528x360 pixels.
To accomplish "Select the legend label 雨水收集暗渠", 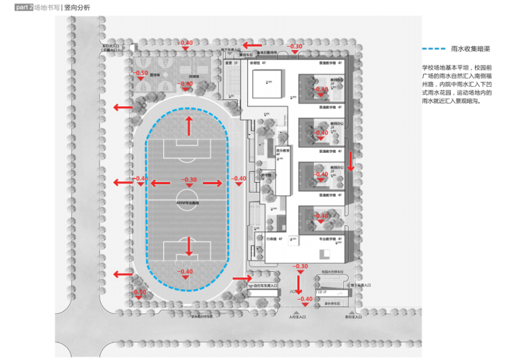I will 472,49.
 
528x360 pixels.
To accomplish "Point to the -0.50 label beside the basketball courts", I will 141,73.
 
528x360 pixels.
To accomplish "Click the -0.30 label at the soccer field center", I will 189,179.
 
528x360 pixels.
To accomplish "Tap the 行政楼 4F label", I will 275,239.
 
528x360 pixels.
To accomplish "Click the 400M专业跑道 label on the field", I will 188,202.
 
